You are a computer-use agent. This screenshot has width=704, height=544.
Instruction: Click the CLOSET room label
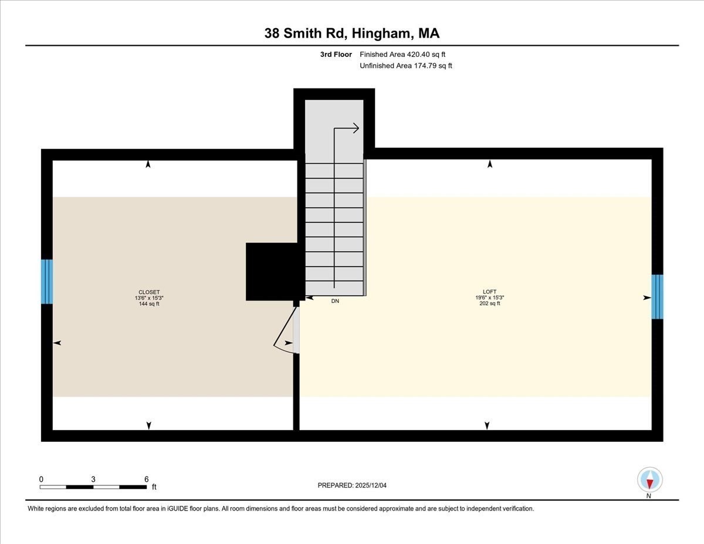point(149,292)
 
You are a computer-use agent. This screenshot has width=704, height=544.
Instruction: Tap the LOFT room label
point(489,292)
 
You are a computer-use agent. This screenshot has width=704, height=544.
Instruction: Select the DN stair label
point(335,301)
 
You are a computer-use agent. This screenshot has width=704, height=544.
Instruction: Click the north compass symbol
point(649,480)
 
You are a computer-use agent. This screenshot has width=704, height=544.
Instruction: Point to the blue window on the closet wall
point(47,282)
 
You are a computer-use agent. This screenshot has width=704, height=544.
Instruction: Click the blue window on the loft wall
point(658,296)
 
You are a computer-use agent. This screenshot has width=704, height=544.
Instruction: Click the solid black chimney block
point(272,272)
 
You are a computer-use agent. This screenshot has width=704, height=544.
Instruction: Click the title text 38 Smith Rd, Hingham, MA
point(352,33)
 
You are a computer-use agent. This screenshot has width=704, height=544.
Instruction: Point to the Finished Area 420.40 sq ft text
point(405,55)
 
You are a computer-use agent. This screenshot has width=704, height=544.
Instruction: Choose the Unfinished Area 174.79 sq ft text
point(405,66)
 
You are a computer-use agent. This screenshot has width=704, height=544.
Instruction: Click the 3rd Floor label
point(336,55)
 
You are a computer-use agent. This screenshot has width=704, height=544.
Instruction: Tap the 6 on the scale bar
point(146,479)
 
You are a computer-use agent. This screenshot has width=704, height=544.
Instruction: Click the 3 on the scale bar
point(93,479)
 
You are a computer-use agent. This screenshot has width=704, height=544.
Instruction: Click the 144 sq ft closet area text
point(149,303)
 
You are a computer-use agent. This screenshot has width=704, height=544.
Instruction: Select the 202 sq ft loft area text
point(489,303)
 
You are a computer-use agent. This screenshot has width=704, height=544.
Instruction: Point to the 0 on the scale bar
point(41,479)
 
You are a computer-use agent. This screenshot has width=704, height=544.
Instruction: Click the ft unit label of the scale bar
point(154,487)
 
